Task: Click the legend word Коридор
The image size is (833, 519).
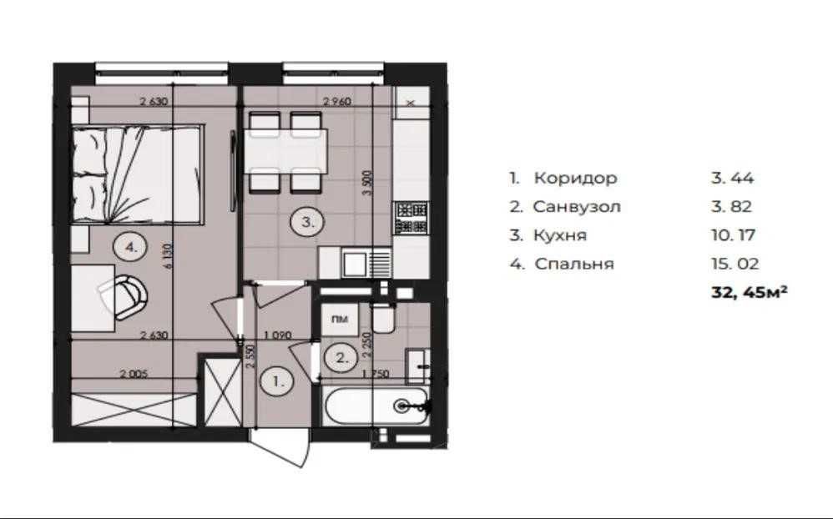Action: coord(575,178)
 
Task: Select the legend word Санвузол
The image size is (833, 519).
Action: coord(577,207)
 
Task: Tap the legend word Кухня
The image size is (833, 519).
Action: coord(562,235)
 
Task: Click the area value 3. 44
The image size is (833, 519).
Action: coord(726,178)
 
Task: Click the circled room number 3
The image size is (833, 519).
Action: coord(305,222)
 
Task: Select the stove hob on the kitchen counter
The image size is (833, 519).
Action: coord(411,216)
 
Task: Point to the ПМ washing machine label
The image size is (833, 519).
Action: coord(340,319)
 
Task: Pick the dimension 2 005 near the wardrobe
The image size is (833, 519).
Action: coord(133,375)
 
